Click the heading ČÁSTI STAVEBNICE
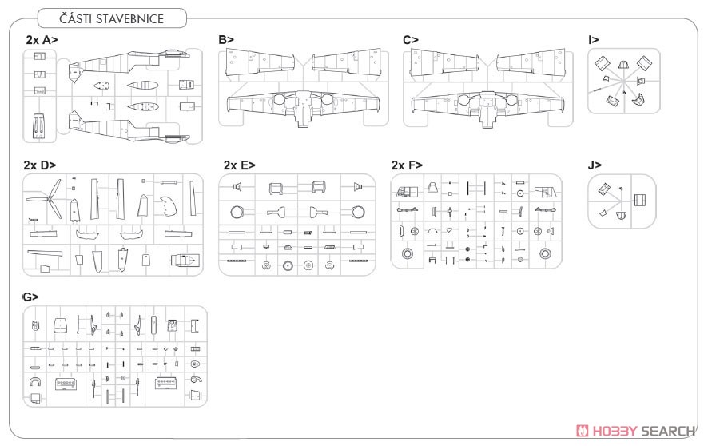111,19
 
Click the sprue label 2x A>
42,40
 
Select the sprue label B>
226,40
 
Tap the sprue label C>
411,40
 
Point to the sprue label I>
594,40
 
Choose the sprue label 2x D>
40,165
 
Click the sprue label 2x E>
239,165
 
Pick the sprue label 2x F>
407,165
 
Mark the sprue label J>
594,165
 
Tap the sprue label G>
30,297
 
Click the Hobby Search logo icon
583,431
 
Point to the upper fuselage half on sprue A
129,66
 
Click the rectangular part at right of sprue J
640,200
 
